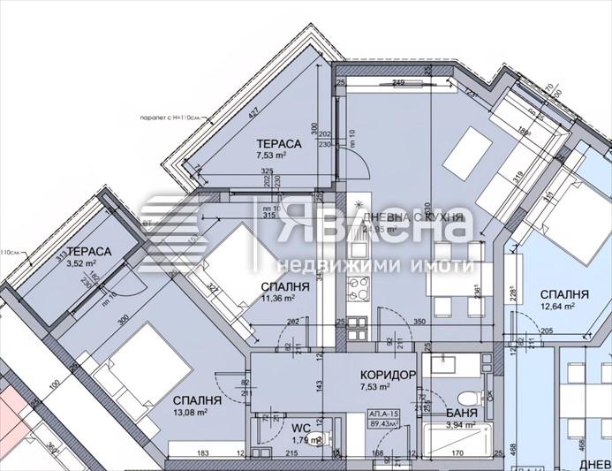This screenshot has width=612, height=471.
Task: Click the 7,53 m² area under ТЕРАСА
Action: point(271,156)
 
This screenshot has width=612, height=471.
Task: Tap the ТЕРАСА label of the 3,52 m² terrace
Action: point(88,252)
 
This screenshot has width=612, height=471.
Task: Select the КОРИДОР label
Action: point(389,376)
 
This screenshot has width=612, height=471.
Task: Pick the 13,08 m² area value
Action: point(190,412)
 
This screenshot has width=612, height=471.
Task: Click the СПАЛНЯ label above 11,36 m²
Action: point(284,288)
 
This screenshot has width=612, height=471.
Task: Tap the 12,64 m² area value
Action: point(557,308)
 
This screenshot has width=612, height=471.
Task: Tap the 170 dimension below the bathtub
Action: point(458,456)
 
